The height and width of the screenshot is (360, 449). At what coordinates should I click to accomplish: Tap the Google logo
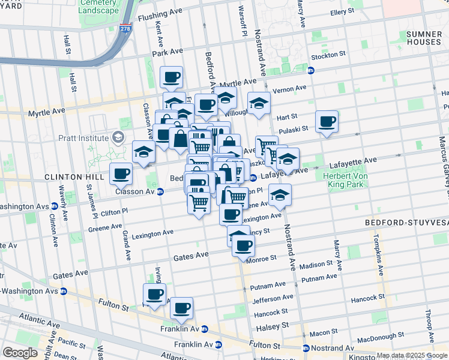(20, 353)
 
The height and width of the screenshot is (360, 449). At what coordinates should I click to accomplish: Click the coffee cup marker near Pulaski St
(327, 122)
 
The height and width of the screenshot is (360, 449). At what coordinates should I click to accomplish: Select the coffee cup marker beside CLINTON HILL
(121, 174)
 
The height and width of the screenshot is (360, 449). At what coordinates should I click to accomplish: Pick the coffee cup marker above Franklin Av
(181, 308)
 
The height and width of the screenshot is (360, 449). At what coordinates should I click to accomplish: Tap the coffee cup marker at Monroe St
(243, 245)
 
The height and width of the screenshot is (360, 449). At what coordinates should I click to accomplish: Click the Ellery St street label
(344, 11)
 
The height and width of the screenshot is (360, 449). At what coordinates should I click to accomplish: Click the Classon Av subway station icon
(160, 192)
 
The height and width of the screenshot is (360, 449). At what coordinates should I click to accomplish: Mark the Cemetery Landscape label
(98, 7)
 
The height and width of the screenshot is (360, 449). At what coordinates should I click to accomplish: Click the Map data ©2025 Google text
(412, 355)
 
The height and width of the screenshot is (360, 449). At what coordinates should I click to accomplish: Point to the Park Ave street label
(167, 53)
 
